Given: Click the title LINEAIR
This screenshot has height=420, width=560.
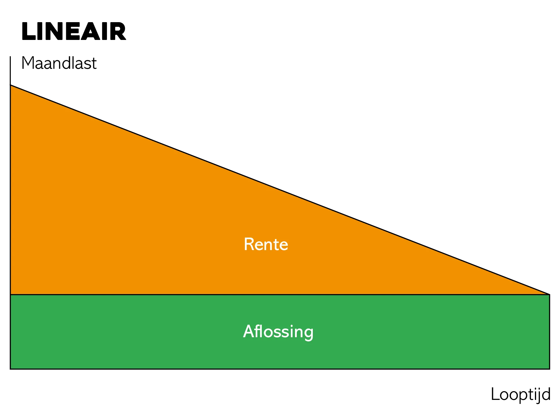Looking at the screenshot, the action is tap(74, 31).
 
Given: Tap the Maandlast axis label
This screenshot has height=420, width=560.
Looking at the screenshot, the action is tap(59, 63).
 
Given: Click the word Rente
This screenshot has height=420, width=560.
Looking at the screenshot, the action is tap(266, 244).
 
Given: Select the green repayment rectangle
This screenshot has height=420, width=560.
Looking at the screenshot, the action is tap(280, 332).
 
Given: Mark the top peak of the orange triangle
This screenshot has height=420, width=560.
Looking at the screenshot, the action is tap(10, 85).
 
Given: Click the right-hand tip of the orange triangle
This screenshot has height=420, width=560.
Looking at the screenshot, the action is tap(550, 294).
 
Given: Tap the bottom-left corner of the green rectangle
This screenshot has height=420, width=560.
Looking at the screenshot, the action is tap(10, 369).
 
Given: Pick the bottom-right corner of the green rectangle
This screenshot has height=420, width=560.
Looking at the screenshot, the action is tap(550, 369).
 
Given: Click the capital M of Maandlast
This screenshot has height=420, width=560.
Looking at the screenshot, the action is tap(28, 63).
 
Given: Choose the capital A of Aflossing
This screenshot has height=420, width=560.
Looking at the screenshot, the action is tap(249, 331).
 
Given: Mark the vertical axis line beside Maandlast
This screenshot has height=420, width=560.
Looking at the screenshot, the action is tap(10, 71).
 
